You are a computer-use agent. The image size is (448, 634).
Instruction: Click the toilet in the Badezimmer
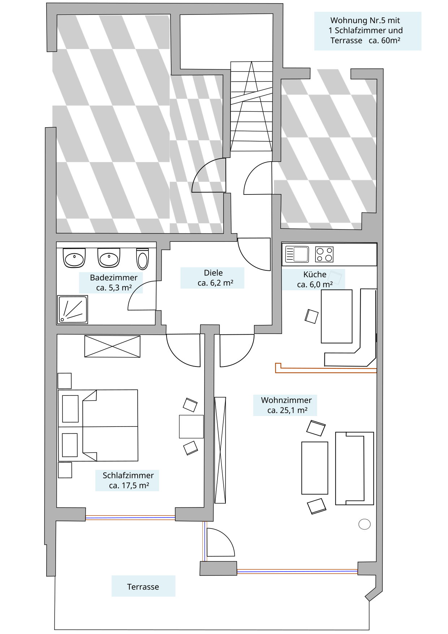pos(143,259)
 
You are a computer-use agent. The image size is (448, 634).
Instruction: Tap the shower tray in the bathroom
pos(73,309)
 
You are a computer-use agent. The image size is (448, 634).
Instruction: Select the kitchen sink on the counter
pos(297,254)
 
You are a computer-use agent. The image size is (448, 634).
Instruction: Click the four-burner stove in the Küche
pos(324,254)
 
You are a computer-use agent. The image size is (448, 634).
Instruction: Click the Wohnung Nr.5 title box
pos(368,31)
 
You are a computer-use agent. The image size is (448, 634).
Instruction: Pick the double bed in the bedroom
pos(98,425)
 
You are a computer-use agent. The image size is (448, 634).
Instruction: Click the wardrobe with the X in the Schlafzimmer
pos(112,346)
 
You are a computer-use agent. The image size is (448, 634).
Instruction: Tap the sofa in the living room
pos(354,468)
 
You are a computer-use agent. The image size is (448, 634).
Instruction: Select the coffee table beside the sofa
pos(315,468)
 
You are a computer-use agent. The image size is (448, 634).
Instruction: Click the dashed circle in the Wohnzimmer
pos(365,524)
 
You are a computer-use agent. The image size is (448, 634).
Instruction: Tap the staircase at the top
pos(251,106)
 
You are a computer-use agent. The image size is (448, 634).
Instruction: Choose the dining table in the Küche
pos(337,316)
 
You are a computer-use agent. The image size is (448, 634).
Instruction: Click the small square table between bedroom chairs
pos(191,427)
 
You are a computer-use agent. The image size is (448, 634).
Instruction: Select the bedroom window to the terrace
pos(130,518)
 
